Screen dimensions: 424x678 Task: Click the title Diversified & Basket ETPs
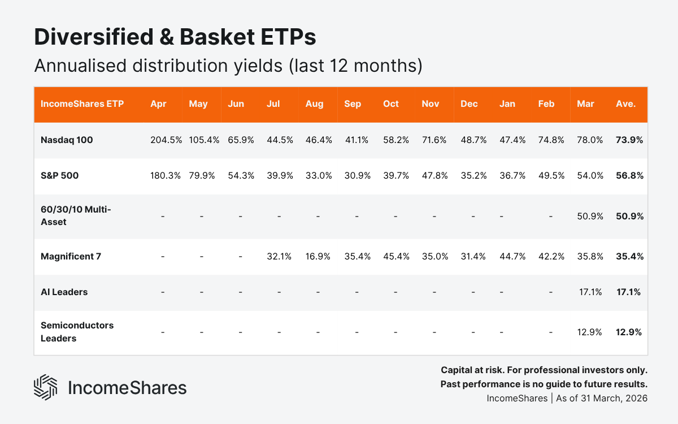(175, 37)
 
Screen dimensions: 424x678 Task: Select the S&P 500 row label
(60, 175)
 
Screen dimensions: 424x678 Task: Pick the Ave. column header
(625, 104)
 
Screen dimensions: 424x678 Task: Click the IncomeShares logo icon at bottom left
(46, 387)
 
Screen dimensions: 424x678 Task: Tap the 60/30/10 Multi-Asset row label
(76, 216)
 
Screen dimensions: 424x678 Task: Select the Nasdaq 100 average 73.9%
(629, 140)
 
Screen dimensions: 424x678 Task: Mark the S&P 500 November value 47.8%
(434, 175)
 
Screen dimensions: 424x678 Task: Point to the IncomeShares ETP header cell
(82, 104)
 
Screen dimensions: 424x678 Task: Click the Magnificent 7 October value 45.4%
(396, 256)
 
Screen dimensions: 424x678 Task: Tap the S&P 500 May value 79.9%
(201, 175)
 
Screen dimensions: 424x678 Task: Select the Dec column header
(468, 104)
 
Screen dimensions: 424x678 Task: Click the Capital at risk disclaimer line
(544, 370)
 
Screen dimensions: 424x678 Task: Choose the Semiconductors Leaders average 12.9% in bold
(629, 332)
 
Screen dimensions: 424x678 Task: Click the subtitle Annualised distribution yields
(228, 66)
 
